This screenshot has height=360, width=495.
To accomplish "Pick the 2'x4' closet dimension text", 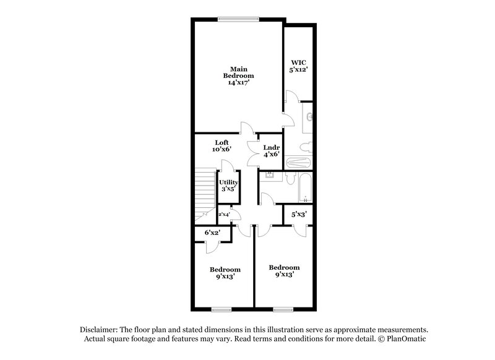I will coord(223,214).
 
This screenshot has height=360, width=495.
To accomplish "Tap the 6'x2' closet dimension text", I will coord(213,233).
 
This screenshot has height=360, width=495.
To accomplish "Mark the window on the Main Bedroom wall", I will coord(237,19).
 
